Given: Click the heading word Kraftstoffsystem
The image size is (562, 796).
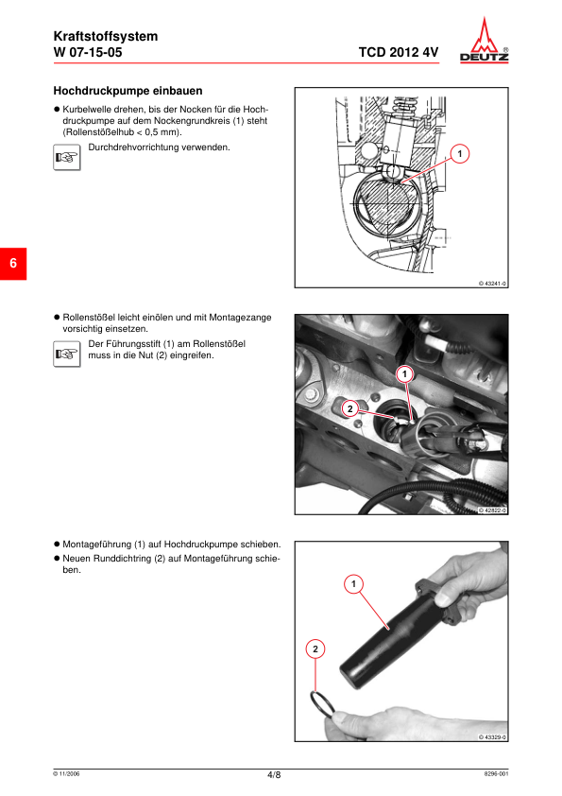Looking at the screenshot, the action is [x=106, y=36].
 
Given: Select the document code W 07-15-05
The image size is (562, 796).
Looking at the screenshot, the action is [x=88, y=52].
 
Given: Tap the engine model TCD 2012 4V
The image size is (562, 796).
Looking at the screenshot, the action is [x=399, y=52].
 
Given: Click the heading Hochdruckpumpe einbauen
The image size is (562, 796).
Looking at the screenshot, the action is [x=128, y=91].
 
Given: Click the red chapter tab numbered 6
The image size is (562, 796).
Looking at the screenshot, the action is [x=13, y=264].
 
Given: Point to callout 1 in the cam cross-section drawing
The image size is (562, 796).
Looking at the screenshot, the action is [x=460, y=153].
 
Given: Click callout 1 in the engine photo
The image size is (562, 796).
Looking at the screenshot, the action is [x=404, y=374].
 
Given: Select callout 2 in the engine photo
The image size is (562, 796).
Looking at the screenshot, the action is [x=350, y=408].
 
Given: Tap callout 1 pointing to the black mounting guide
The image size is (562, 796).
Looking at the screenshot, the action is [x=353, y=584].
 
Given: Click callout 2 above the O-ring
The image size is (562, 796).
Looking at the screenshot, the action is [x=315, y=649].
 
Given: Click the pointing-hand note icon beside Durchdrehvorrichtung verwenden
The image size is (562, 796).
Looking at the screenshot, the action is [x=67, y=157].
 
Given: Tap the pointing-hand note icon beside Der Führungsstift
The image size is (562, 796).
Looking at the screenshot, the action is [x=67, y=354].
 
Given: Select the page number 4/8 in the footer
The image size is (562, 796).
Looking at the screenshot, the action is [x=274, y=774].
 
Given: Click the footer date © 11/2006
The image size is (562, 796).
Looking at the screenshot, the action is [x=66, y=773].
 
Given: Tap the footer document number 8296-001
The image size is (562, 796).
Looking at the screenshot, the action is [x=496, y=773].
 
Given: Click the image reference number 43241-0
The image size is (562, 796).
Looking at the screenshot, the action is [x=493, y=284].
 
